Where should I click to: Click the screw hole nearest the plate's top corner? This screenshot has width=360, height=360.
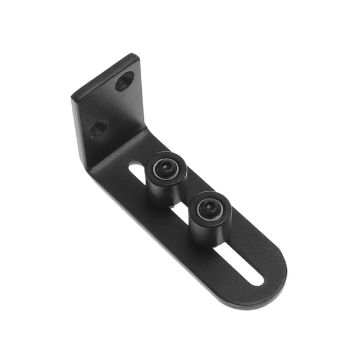(125, 81)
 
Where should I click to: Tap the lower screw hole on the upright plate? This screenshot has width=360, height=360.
(99, 129)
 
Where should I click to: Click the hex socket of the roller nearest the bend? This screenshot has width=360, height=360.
(166, 167)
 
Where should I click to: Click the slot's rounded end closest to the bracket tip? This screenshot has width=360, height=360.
(257, 279)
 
